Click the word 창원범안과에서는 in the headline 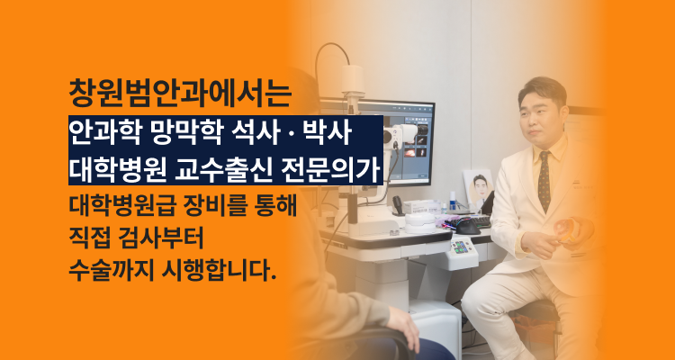click(x=180, y=94)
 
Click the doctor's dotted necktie click(x=544, y=181)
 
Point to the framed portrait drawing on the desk click(x=478, y=190)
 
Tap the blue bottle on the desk click(x=453, y=201)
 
